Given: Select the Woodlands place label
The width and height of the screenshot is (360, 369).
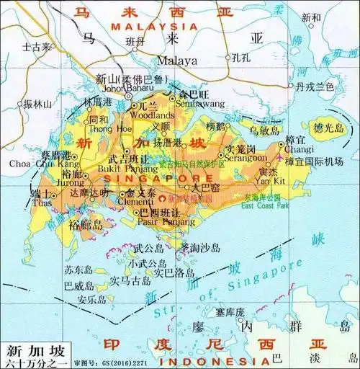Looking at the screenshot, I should point(152,115).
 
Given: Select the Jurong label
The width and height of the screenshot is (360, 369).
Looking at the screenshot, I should point(71,184).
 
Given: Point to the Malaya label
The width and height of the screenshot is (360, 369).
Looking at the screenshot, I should point(176,61).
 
